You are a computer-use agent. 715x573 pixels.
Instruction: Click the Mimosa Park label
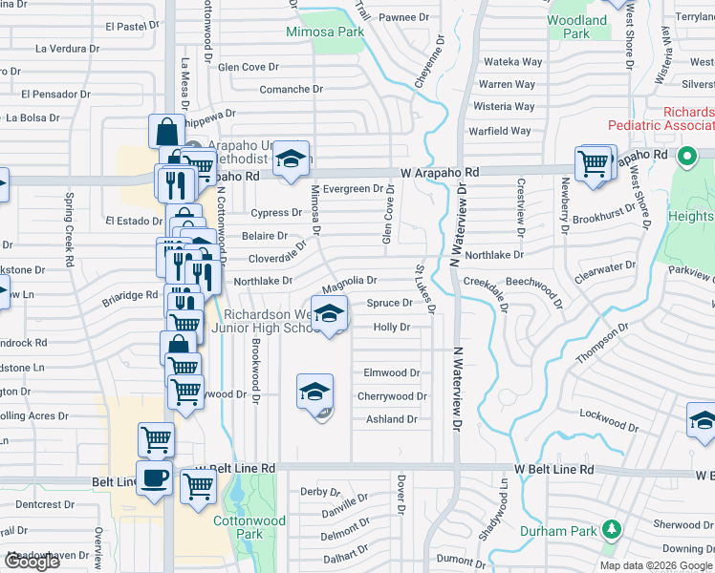[x=325, y=32]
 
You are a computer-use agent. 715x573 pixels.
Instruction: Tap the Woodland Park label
[x=576, y=27]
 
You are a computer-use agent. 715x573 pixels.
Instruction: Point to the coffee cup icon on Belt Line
[x=153, y=478]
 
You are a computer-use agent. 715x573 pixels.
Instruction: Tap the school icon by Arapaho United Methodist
[x=291, y=160]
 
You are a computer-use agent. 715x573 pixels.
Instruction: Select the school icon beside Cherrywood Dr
[x=314, y=392]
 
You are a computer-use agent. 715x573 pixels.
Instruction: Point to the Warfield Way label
[x=499, y=131]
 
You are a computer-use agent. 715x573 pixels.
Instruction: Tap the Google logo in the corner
[x=32, y=562]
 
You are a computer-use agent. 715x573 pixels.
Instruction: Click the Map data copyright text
[x=657, y=565]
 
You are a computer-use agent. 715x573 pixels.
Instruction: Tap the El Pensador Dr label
[x=53, y=95]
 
